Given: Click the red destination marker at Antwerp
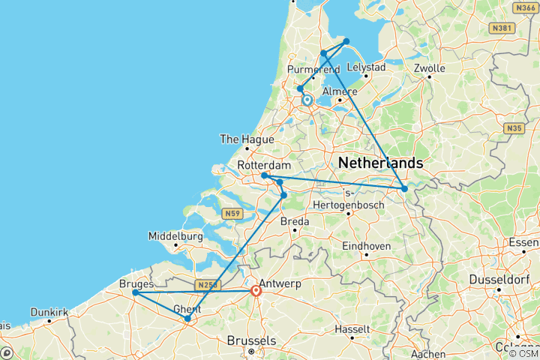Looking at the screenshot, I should point(256,290).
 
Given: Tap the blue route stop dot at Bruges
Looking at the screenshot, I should point(134,292).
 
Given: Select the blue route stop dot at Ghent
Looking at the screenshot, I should point(187,319).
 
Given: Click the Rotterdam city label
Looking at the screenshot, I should point(263,165).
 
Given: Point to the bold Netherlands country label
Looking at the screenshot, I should point(380,163).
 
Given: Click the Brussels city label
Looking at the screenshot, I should point(252,340).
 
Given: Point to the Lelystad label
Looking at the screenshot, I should point(366,67).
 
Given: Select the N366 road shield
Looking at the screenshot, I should point(523,7).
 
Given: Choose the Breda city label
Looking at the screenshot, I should point(295,221).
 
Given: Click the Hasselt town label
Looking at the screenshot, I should point(352,329).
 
